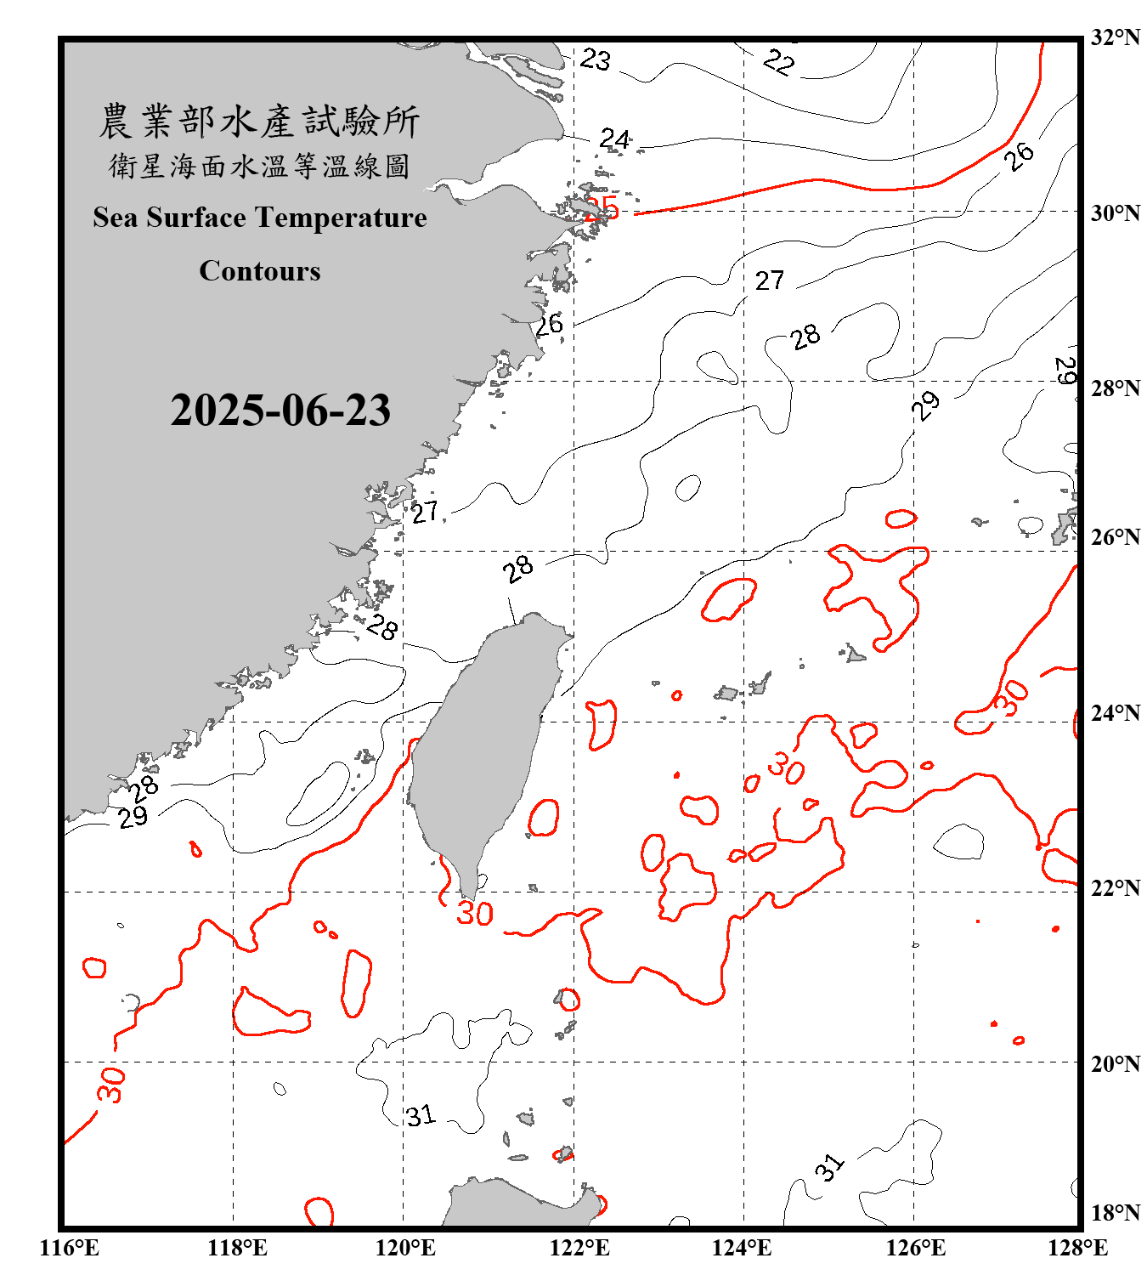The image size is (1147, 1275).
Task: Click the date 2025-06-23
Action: tap(280, 410)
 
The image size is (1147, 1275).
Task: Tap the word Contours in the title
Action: tap(260, 270)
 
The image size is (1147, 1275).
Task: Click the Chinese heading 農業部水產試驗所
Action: tap(259, 121)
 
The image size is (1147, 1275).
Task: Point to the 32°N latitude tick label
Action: tap(1115, 37)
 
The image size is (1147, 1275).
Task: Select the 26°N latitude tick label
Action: tap(1115, 537)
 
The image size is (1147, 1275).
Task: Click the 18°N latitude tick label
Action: tap(1115, 1213)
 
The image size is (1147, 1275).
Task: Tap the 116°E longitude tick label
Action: tap(70, 1248)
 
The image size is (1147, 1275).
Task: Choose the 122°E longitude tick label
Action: tap(579, 1248)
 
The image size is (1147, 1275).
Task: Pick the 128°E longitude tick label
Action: tap(1077, 1248)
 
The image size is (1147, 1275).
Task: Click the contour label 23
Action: tap(596, 59)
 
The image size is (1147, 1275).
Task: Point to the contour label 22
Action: tap(778, 62)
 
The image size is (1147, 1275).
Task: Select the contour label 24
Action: tap(615, 139)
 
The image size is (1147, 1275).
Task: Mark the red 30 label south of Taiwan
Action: tap(475, 914)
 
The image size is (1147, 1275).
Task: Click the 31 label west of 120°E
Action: tap(421, 1115)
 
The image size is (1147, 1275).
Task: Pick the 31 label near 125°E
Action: tap(830, 1167)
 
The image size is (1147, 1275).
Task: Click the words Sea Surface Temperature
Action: tap(260, 218)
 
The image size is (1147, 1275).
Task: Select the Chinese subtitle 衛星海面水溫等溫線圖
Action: tap(259, 166)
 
